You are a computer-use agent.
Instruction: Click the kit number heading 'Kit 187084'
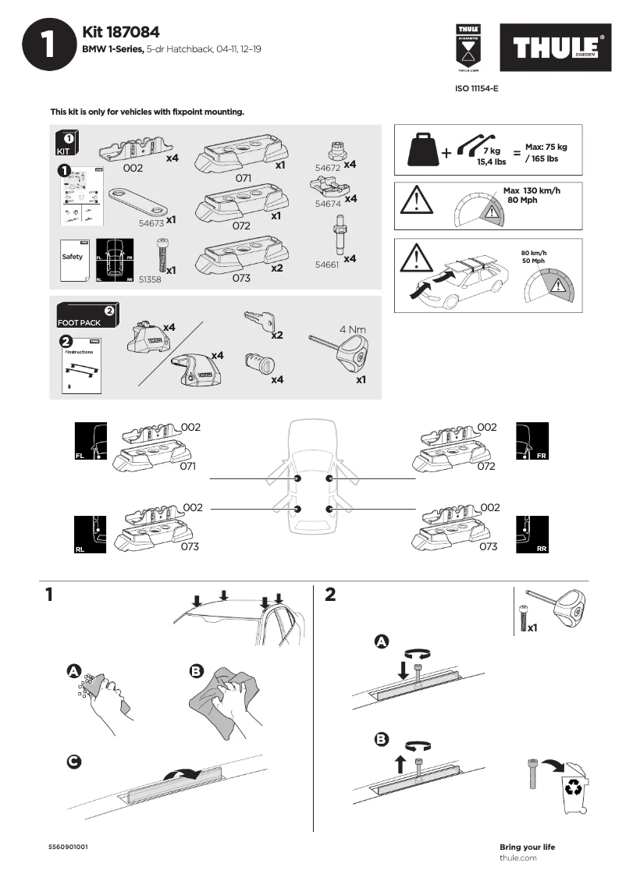coord(121,32)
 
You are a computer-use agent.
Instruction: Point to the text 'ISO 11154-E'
coord(476,89)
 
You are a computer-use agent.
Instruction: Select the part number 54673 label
coord(151,222)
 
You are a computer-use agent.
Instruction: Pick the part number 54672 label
coord(327,168)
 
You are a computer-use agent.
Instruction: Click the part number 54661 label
coord(327,265)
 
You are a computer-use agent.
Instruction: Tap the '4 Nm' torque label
coord(353,329)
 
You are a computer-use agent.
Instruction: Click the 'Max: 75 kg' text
coord(546,147)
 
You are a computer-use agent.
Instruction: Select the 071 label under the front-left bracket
coord(187,467)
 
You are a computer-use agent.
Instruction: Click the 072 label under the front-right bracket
coord(486,467)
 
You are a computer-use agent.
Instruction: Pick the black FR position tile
coord(532,441)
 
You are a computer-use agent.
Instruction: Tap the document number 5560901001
coord(68,847)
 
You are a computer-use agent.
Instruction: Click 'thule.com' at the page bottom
coord(518,858)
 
